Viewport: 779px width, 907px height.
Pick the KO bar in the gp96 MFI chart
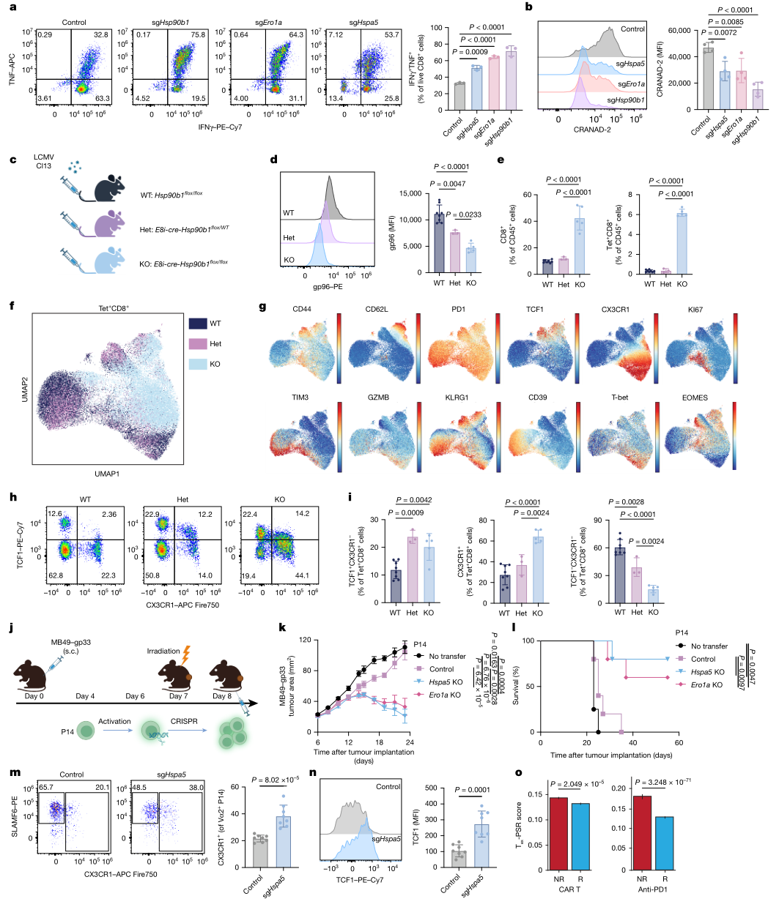pyautogui.click(x=471, y=261)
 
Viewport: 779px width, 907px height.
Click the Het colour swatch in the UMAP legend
pyautogui.click(x=197, y=343)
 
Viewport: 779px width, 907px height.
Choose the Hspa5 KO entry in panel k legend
pyautogui.click(x=446, y=682)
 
